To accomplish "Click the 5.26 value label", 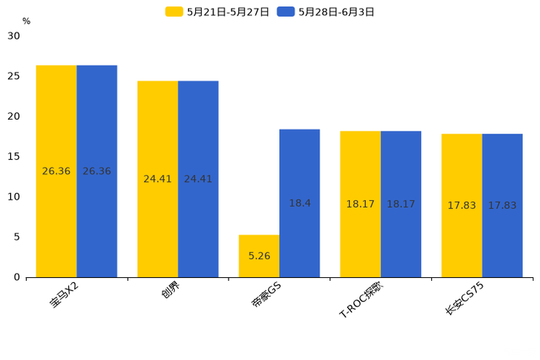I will (259, 256).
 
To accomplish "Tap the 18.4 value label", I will (300, 203).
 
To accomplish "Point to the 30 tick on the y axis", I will (14, 36).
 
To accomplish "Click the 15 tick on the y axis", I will (14, 157).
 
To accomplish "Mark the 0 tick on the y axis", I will (17, 277).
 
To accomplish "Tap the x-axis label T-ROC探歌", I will (361, 300).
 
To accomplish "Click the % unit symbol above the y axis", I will (26, 21).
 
